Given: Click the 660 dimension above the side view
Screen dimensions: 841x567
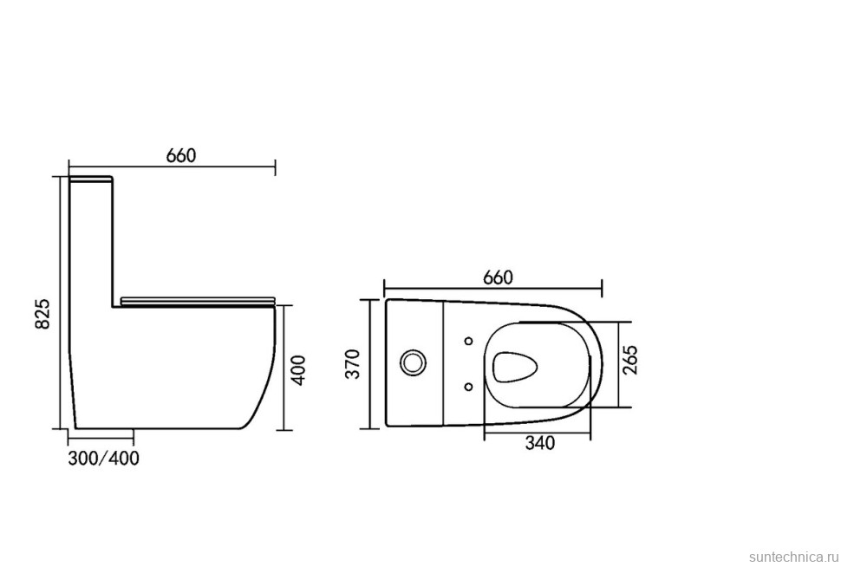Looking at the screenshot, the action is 181,155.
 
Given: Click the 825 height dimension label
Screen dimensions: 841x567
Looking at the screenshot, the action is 42,314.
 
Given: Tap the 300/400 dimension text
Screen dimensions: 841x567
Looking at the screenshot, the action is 103,458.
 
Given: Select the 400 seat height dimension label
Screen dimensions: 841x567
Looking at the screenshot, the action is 300,369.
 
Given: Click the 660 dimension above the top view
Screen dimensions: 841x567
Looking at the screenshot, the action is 498,277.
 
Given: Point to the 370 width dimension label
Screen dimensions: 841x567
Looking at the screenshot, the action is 353,364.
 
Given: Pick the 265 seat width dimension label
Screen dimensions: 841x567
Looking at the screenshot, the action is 631,360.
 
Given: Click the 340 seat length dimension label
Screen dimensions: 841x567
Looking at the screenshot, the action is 539,443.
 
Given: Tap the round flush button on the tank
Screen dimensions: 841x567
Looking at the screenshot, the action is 414,362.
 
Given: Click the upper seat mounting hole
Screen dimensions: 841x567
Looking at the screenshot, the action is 469,341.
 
